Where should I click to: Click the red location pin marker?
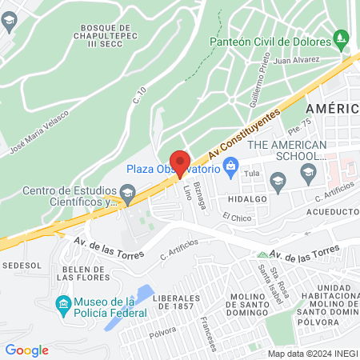179,162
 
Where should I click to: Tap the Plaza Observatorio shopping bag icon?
231,168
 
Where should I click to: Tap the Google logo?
26,350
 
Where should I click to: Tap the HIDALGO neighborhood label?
246,198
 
